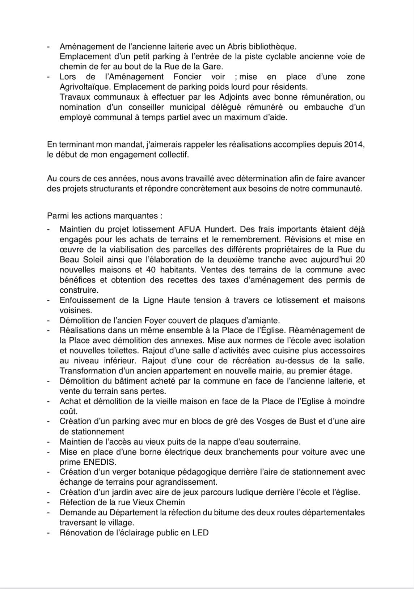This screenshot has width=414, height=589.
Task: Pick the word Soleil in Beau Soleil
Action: click(x=89, y=260)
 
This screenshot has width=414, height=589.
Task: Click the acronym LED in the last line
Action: click(x=200, y=533)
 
